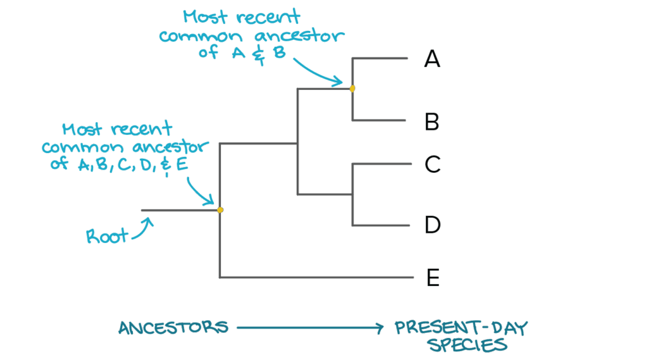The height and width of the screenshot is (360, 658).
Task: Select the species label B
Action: (432, 121)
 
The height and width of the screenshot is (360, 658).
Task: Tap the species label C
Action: (432, 165)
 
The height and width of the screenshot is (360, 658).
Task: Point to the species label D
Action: (432, 225)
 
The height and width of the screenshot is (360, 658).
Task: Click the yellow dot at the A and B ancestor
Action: (352, 89)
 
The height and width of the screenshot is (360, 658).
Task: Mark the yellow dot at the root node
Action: (220, 210)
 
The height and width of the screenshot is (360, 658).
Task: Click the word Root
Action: (107, 237)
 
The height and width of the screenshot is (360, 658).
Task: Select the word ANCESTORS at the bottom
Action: (173, 328)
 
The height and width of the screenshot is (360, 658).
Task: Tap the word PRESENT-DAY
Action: (461, 328)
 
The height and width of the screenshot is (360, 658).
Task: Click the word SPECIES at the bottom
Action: (467, 346)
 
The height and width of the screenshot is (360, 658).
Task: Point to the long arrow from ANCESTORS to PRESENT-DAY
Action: (308, 328)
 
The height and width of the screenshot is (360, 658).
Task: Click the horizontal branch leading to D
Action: (380, 225)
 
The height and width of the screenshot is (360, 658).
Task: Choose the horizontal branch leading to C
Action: (380, 164)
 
